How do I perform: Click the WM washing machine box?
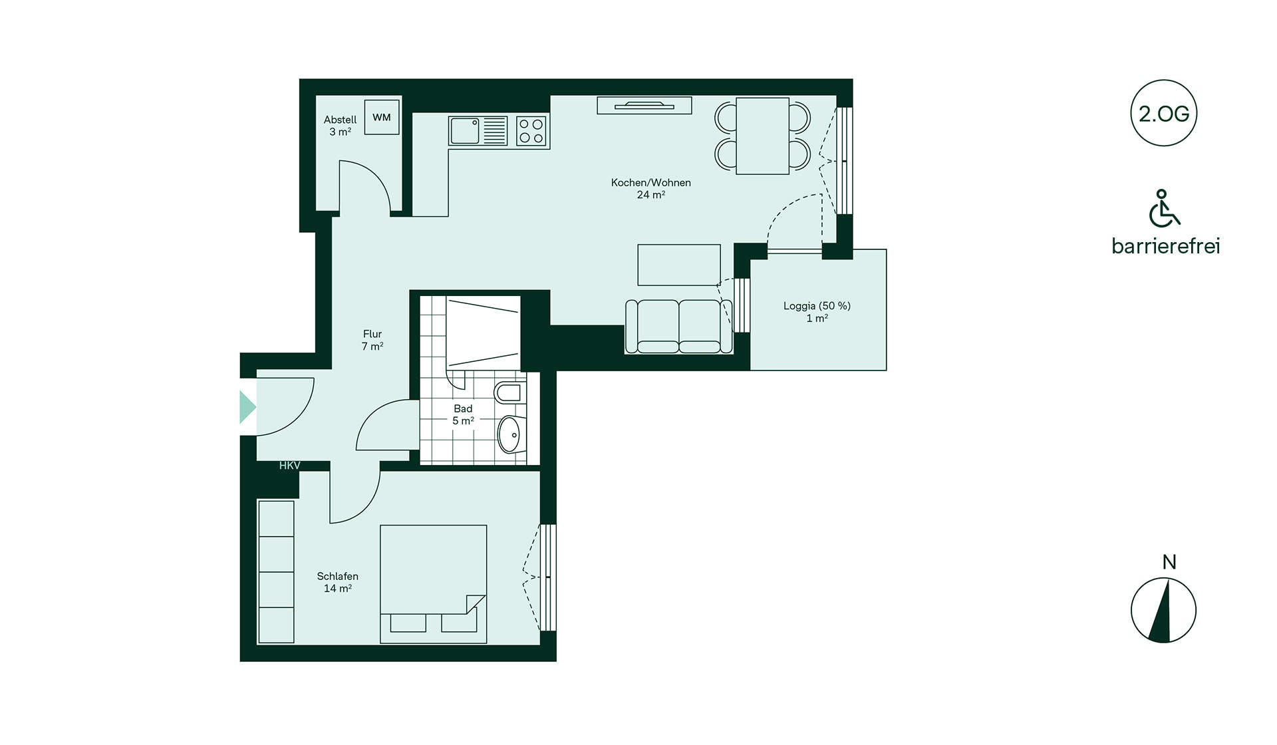click(382, 117)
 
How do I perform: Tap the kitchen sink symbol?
click(478, 131)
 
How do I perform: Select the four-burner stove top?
click(531, 131)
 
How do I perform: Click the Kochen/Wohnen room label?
click(650, 188)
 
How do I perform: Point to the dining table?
click(762, 136)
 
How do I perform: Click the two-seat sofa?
click(678, 326)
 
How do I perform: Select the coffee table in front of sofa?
click(679, 265)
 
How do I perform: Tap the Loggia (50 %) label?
click(817, 306)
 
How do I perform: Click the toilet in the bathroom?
click(510, 392)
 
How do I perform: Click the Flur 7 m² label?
click(372, 340)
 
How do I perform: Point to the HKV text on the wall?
click(289, 466)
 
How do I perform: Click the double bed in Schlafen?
click(433, 584)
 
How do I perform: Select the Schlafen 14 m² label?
click(338, 582)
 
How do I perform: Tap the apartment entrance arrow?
click(247, 407)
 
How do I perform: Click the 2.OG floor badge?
click(1164, 114)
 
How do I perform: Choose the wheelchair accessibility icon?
click(1164, 208)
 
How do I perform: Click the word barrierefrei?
click(1166, 246)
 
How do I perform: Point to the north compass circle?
click(1164, 610)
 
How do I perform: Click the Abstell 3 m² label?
click(340, 126)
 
